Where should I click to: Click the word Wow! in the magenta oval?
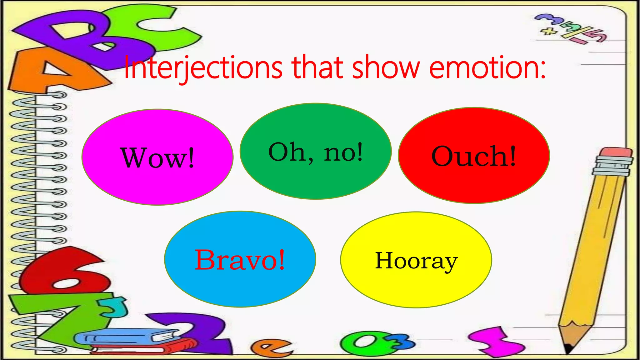(x=157, y=158)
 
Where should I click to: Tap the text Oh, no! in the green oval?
(x=316, y=152)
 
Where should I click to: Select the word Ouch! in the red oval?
(x=473, y=156)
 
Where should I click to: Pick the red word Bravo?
(x=240, y=260)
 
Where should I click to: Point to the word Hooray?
(x=416, y=261)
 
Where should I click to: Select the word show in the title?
(x=386, y=67)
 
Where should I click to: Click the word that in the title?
(x=317, y=67)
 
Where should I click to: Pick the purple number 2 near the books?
(x=200, y=331)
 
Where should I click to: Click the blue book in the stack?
(x=125, y=337)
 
